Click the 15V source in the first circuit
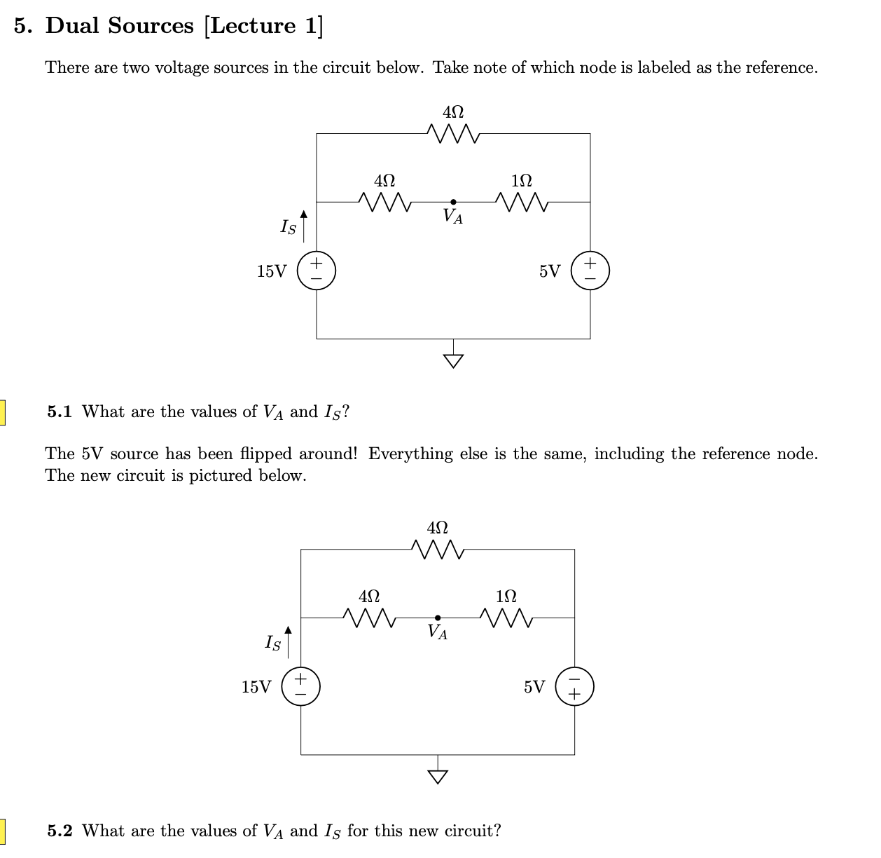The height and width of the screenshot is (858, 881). point(317,271)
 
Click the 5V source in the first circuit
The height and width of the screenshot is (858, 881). point(590,271)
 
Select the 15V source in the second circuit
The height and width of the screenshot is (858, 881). point(301,687)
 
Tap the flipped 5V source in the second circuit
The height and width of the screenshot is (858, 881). point(575,687)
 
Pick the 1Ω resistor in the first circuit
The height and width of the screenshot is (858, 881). point(522,202)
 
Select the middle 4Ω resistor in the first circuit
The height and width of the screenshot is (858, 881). point(384,202)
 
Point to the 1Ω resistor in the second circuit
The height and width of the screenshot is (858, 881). point(506,618)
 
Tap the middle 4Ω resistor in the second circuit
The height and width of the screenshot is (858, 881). point(369,618)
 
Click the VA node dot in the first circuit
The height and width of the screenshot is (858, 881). point(453,202)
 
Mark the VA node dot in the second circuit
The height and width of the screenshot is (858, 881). point(438,618)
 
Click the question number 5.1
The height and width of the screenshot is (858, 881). point(60,412)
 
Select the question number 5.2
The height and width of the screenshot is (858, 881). point(60,831)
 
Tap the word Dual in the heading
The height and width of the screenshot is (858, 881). point(73,26)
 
